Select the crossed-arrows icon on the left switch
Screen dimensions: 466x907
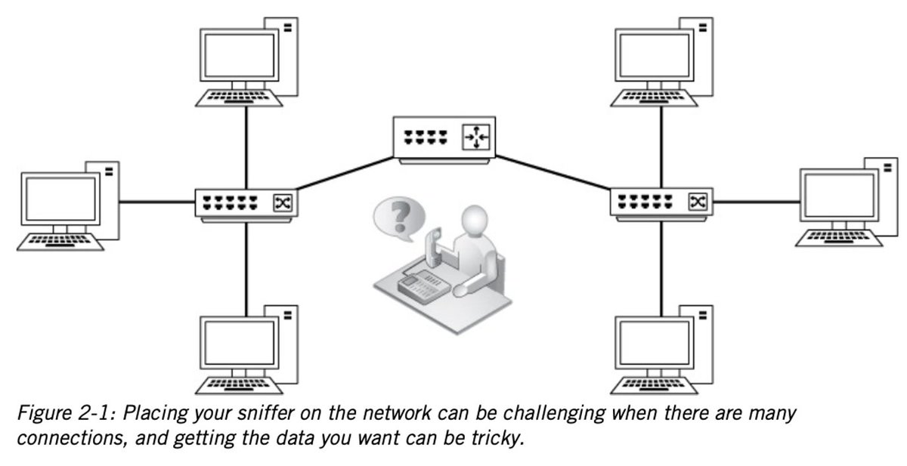click(286, 202)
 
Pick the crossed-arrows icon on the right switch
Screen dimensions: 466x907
click(696, 202)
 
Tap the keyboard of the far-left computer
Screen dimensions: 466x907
click(62, 242)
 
